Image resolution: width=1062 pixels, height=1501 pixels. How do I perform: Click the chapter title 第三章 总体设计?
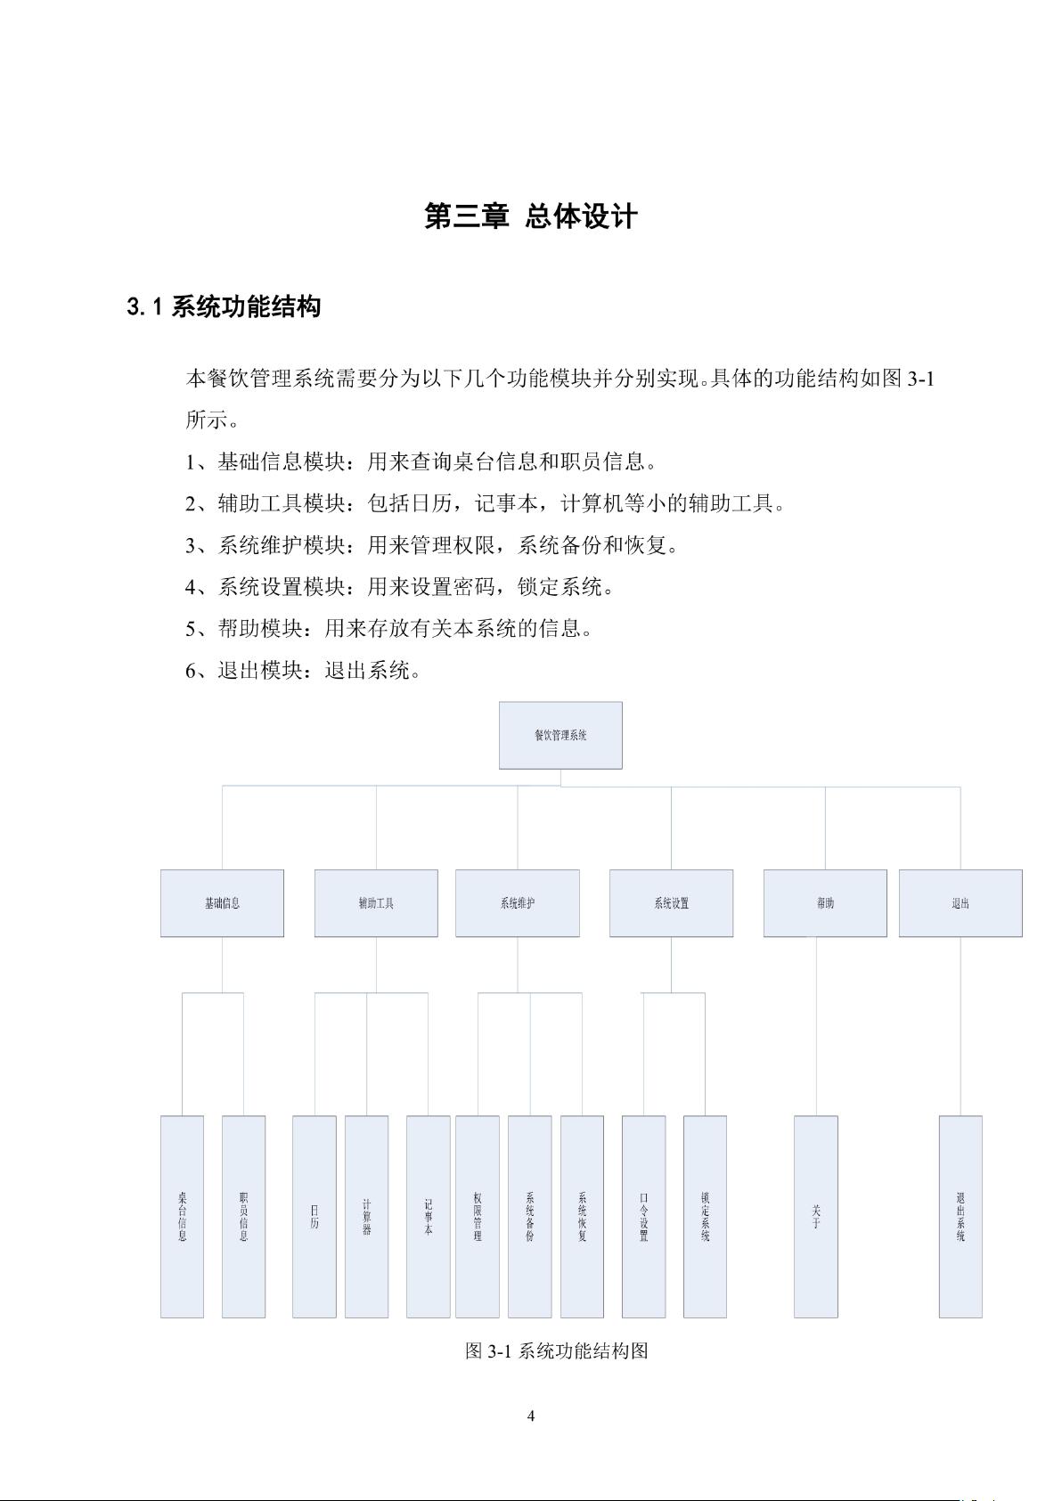pyautogui.click(x=531, y=216)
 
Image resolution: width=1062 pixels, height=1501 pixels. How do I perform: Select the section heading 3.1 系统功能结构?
pyautogui.click(x=224, y=307)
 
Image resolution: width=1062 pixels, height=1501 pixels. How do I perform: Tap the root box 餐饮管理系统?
pyautogui.click(x=560, y=735)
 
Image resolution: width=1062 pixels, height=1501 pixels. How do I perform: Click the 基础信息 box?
pyautogui.click(x=222, y=903)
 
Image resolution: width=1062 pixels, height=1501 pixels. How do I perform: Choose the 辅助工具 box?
pyautogui.click(x=376, y=903)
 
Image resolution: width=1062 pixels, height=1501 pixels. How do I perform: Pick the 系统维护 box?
pyautogui.click(x=518, y=903)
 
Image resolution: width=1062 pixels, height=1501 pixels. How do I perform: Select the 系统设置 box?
pyautogui.click(x=671, y=903)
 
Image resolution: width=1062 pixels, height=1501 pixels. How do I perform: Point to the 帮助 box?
pyautogui.click(x=825, y=903)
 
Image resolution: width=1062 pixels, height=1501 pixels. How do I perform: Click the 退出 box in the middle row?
pyautogui.click(x=960, y=903)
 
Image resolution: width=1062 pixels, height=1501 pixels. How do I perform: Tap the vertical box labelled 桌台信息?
pyautogui.click(x=182, y=1216)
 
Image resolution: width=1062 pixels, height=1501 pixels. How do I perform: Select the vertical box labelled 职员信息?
pyautogui.click(x=243, y=1216)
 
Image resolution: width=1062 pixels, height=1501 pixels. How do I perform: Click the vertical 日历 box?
pyautogui.click(x=315, y=1216)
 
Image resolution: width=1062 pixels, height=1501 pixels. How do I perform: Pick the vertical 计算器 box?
pyautogui.click(x=366, y=1216)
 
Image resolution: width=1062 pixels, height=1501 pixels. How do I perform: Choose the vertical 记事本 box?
pyautogui.click(x=428, y=1216)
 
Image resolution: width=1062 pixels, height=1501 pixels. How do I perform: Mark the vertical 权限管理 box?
pyautogui.click(x=478, y=1216)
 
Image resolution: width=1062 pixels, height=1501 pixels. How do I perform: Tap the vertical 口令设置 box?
pyautogui.click(x=643, y=1216)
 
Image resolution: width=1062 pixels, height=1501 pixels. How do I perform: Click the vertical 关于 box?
pyautogui.click(x=816, y=1216)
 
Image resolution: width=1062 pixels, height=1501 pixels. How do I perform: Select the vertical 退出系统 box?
pyautogui.click(x=960, y=1216)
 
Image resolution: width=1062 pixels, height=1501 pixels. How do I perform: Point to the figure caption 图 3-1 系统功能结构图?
pyautogui.click(x=557, y=1350)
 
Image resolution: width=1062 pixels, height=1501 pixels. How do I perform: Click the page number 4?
pyautogui.click(x=531, y=1416)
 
